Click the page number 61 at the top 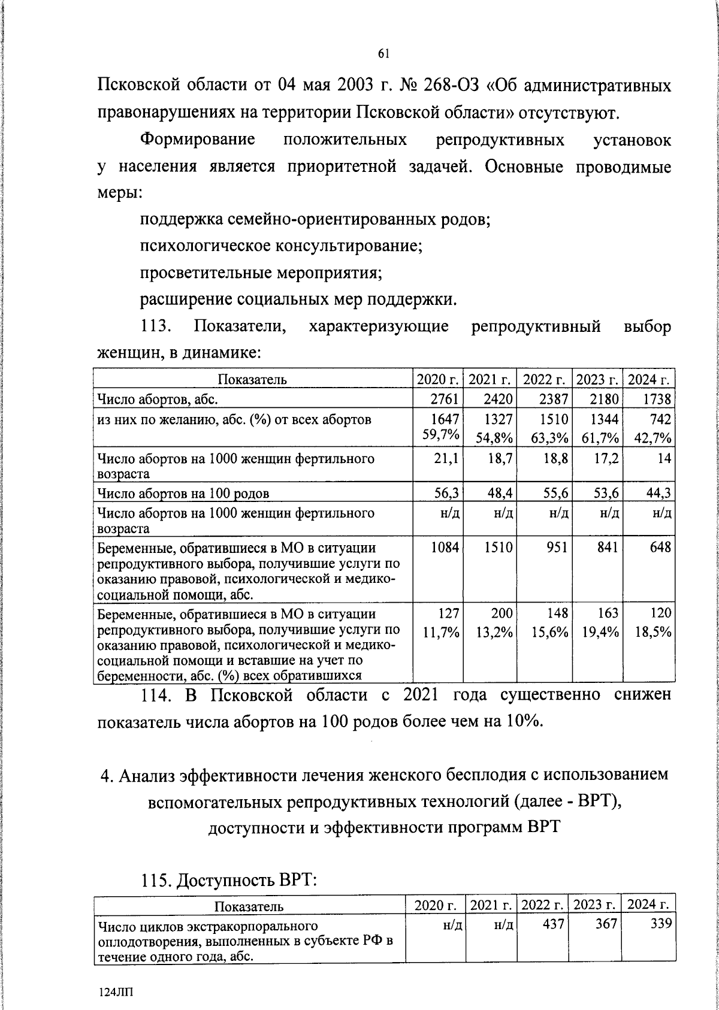click(x=384, y=54)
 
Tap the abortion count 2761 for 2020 click(x=446, y=398)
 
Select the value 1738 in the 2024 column click(x=657, y=398)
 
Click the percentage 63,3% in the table click(x=550, y=438)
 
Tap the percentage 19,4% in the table click(x=600, y=632)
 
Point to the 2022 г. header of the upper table click(x=545, y=379)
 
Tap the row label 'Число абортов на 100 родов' click(x=183, y=494)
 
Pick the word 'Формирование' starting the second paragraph click(x=198, y=140)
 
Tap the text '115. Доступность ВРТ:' click(x=228, y=881)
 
